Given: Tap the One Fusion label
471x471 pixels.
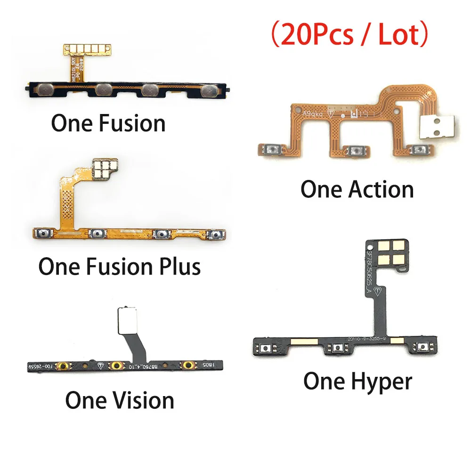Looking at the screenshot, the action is pos(108,123).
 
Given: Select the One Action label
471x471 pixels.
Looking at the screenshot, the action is pos(357,189).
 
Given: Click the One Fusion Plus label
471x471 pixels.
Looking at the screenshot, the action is pos(120,266).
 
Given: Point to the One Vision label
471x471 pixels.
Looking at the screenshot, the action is pos(120,400).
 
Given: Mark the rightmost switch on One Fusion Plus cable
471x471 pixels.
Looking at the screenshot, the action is pos(216,234).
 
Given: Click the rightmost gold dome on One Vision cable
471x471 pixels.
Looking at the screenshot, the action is pos(188,365).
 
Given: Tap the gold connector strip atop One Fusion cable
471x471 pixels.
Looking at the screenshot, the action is pos(84,49).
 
